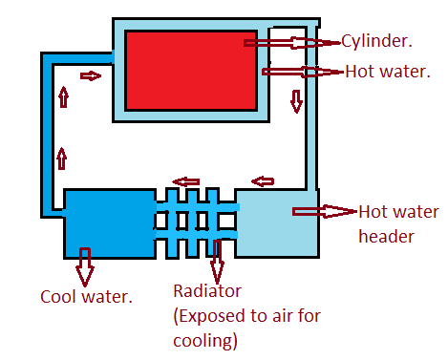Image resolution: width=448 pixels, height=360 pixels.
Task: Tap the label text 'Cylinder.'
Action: pyautogui.click(x=376, y=42)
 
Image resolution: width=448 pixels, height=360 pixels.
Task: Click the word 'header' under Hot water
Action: pyautogui.click(x=386, y=236)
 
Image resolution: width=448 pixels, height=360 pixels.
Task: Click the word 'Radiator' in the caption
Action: pyautogui.click(x=207, y=291)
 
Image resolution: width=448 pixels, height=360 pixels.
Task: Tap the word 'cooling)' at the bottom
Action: pyautogui.click(x=204, y=340)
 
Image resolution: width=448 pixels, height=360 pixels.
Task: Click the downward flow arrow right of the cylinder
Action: pyautogui.click(x=296, y=99)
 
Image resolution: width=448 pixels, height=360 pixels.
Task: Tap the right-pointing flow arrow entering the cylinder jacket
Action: pyautogui.click(x=90, y=75)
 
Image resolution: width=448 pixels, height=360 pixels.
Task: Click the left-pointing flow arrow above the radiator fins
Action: pyautogui.click(x=184, y=181)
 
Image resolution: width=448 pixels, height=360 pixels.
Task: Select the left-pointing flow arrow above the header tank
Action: pyautogui.click(x=263, y=181)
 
